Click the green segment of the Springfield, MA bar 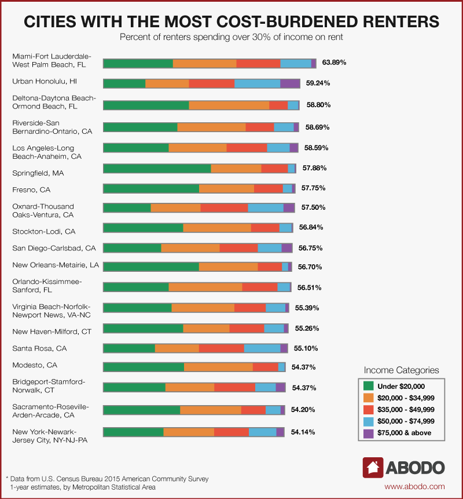click(x=157, y=168)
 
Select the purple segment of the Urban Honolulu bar click(x=290, y=83)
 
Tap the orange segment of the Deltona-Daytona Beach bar click(x=229, y=105)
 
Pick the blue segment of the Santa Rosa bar click(x=262, y=348)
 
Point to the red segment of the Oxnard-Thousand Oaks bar click(x=224, y=208)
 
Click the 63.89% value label click(x=334, y=61)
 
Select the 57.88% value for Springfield click(x=315, y=168)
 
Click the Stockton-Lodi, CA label click(x=44, y=231)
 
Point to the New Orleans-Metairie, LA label click(x=56, y=265)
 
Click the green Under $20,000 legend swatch click(x=368, y=387)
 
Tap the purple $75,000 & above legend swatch click(x=368, y=433)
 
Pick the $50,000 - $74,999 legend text click(x=406, y=421)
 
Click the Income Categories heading click(x=401, y=370)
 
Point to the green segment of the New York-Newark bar click(x=133, y=432)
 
